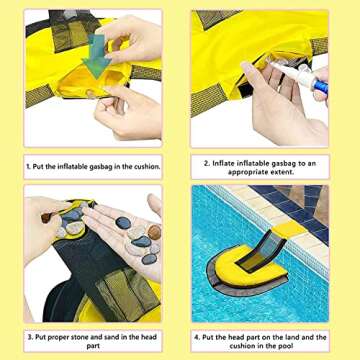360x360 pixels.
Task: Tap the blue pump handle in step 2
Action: point(321,86)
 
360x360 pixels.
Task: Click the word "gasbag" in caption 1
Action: point(102,167)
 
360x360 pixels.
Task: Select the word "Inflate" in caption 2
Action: point(224,164)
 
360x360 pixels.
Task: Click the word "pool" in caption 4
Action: point(285,346)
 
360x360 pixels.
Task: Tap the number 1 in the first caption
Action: point(28,167)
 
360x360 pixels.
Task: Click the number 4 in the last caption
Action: point(197,337)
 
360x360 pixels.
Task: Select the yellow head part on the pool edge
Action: point(289,230)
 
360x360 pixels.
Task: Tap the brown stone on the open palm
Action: point(154,232)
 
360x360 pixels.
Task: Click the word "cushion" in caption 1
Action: point(146,167)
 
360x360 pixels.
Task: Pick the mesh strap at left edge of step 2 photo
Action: point(208,99)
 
